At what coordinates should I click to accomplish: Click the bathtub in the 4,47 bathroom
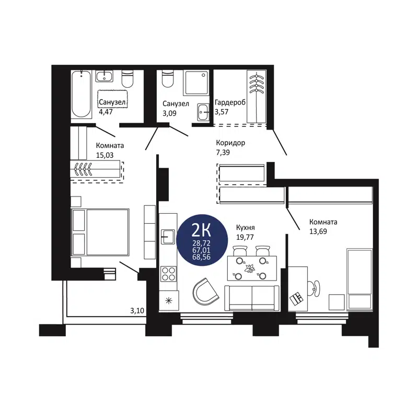point(81,94)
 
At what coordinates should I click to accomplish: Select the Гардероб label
point(230,103)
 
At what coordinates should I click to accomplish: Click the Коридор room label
point(230,143)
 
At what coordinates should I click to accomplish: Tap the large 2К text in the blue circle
point(202,229)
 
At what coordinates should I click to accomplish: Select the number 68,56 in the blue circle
point(202,258)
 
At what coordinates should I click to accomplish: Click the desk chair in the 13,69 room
point(315,286)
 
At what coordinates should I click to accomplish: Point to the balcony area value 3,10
point(137,311)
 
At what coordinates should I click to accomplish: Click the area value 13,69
point(317,231)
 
